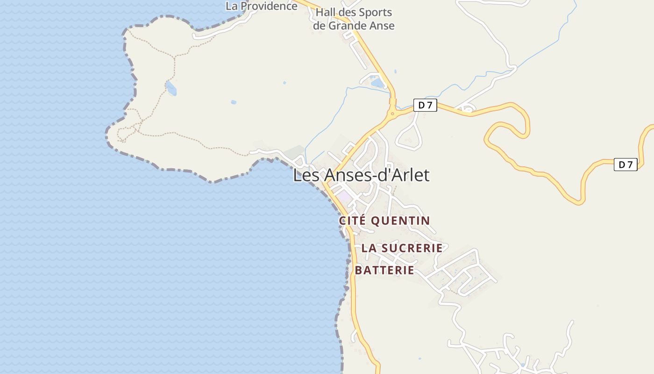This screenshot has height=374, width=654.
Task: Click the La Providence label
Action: click(x=261, y=6)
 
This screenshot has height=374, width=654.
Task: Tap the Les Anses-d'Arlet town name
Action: click(x=361, y=175)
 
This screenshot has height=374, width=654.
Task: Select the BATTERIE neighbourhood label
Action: click(x=384, y=270)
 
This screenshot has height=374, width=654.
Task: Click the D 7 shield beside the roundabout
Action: click(x=425, y=105)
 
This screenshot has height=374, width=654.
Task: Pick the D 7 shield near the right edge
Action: click(x=626, y=165)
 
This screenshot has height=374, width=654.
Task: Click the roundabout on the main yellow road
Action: click(x=392, y=113)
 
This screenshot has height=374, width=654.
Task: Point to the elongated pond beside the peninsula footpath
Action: click(x=171, y=88)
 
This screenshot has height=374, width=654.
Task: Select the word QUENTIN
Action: click(x=400, y=221)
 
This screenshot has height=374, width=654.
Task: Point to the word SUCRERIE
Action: click(x=412, y=248)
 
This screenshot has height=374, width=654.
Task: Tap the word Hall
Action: click(x=325, y=13)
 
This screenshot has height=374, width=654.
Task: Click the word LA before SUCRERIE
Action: click(x=369, y=248)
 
